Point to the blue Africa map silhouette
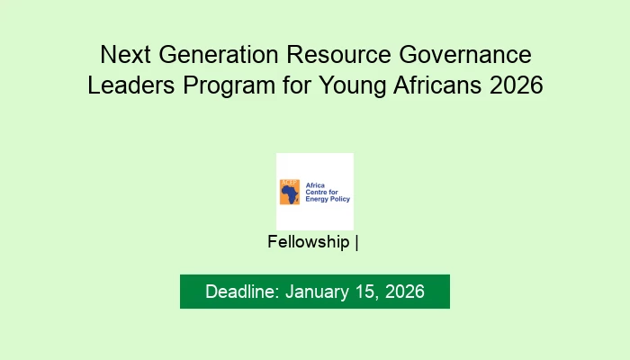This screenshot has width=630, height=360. (x=289, y=191)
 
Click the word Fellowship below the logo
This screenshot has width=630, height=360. (x=309, y=242)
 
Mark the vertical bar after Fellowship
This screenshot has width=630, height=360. (x=357, y=242)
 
